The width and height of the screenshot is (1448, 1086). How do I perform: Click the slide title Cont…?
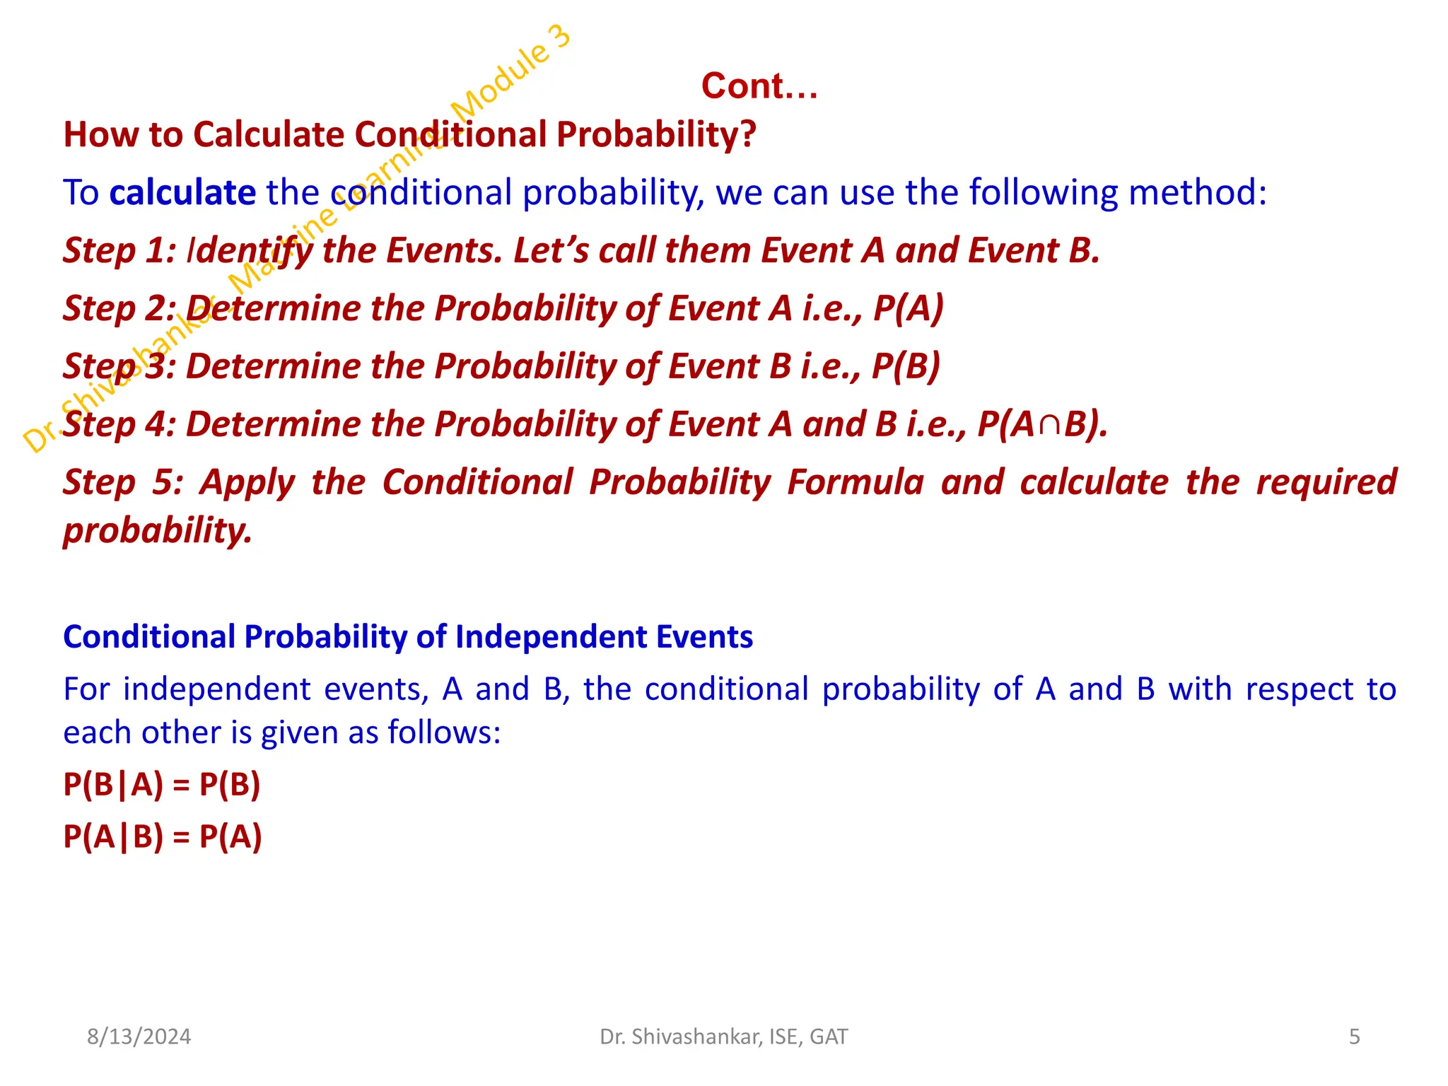coord(759,86)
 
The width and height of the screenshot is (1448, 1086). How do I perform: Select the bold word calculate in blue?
coord(182,193)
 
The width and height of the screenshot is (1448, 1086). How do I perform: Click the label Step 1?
coord(119,251)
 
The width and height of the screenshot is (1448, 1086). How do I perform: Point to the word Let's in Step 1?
coord(551,251)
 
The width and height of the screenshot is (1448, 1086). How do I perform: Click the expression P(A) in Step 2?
coord(909,309)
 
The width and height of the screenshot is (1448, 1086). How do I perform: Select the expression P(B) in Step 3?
coord(906,367)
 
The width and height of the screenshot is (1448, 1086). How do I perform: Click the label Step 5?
coord(123,483)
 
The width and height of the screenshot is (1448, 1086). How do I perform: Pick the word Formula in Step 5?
coord(856,483)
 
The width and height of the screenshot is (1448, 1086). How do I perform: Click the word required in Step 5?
coord(1326,483)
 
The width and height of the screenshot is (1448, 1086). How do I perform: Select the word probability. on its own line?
coord(158,530)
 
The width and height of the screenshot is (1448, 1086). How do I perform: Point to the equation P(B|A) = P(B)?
coord(162,785)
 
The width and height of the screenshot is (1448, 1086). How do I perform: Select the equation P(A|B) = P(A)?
coord(163,837)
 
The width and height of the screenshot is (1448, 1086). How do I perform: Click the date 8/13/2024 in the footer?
coord(139,1037)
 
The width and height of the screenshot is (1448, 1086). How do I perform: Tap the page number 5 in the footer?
coord(1354,1037)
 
